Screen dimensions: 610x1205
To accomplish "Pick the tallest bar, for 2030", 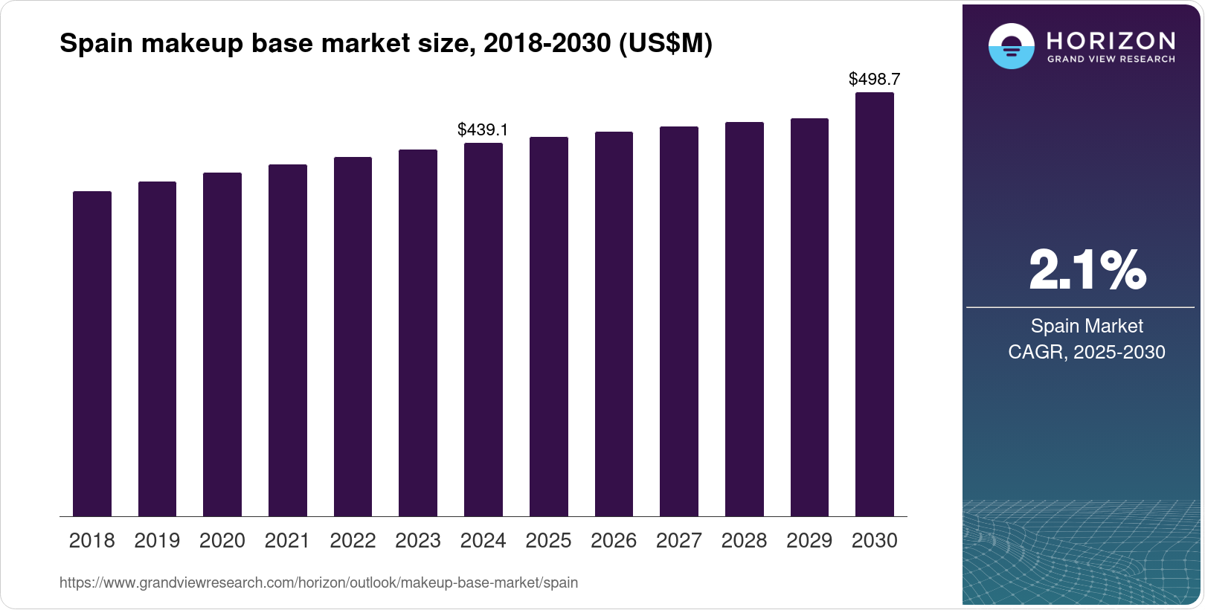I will pyautogui.click(x=875, y=304).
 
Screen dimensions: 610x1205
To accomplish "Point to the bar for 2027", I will pyautogui.click(x=679, y=321).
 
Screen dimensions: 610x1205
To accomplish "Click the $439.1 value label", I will pyautogui.click(x=483, y=129).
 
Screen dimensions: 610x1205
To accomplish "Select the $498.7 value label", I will pyautogui.click(x=874, y=79).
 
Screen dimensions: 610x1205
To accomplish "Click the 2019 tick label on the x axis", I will pyautogui.click(x=157, y=541).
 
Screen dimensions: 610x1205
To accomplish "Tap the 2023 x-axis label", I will pyautogui.click(x=418, y=541).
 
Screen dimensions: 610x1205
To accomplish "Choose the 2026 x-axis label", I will pyautogui.click(x=614, y=541).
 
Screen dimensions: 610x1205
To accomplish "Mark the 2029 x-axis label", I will pyautogui.click(x=809, y=541).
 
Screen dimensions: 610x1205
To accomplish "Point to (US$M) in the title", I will pyautogui.click(x=665, y=44).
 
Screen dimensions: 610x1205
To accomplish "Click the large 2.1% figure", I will pyautogui.click(x=1087, y=270).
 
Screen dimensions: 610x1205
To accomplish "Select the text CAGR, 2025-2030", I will pyautogui.click(x=1087, y=352).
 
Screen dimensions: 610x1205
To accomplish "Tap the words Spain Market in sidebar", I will pyautogui.click(x=1087, y=326).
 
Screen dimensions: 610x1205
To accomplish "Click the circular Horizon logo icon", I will pyautogui.click(x=1011, y=47).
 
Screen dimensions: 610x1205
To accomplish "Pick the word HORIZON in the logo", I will pyautogui.click(x=1111, y=40).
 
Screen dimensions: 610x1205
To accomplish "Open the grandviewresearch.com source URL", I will pyautogui.click(x=318, y=582).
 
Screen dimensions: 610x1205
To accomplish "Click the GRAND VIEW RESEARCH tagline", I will pyautogui.click(x=1111, y=60).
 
